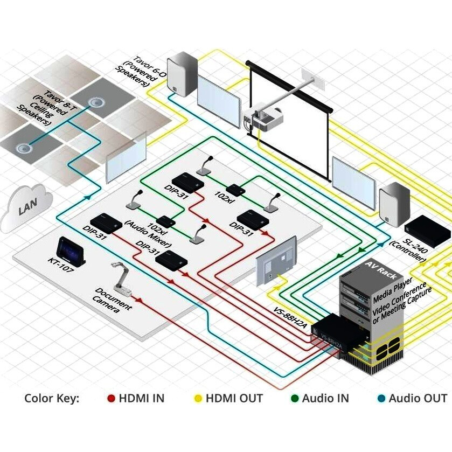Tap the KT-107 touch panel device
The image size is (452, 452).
[71, 251]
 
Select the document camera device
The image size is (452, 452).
[122, 279]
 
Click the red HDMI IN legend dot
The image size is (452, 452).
[111, 398]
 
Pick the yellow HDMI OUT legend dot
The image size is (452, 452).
[198, 398]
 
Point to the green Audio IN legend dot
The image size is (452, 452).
[295, 398]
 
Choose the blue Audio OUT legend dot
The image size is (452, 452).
[381, 398]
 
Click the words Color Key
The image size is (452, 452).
[52, 398]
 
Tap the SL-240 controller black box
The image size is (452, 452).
[428, 231]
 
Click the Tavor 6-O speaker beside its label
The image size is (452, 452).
[182, 74]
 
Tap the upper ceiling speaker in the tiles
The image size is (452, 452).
[95, 102]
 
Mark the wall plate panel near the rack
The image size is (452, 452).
[276, 261]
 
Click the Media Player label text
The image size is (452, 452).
[393, 290]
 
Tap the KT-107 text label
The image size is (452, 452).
[61, 265]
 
